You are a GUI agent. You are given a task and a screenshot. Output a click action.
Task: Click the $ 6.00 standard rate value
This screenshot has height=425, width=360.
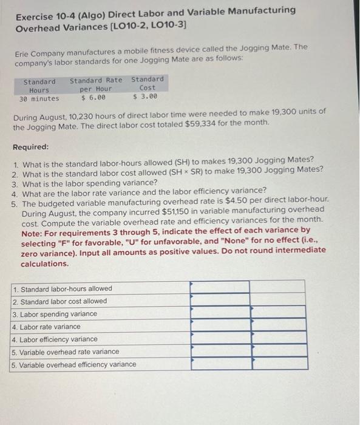click(x=93, y=97)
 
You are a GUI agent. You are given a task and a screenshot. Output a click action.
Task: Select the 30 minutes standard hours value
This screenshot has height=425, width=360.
click(x=39, y=98)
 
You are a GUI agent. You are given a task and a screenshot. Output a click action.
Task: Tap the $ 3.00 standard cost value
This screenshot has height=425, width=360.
click(x=145, y=96)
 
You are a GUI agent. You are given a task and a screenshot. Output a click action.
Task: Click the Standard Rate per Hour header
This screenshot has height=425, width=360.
click(x=96, y=84)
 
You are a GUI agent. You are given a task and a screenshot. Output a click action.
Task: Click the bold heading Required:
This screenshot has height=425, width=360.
click(x=31, y=148)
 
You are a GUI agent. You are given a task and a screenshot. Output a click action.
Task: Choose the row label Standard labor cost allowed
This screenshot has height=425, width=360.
click(x=59, y=301)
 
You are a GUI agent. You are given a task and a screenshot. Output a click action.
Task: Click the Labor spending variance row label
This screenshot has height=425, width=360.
click(x=55, y=314)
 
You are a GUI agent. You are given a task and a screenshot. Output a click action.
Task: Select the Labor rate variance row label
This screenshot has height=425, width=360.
click(x=46, y=327)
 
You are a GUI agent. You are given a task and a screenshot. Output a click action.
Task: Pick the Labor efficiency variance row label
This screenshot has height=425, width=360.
click(x=55, y=339)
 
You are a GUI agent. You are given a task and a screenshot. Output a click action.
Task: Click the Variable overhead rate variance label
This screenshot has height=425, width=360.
click(x=66, y=352)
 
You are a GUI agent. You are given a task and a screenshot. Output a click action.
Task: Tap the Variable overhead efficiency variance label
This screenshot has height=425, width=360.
click(x=74, y=364)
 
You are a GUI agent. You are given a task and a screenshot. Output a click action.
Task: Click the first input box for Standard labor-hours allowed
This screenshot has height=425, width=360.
click(x=220, y=287)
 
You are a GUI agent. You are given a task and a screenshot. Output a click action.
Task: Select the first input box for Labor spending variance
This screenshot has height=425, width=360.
click(x=220, y=312)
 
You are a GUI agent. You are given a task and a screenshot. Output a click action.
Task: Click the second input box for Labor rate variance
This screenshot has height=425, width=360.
click(x=277, y=325)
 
